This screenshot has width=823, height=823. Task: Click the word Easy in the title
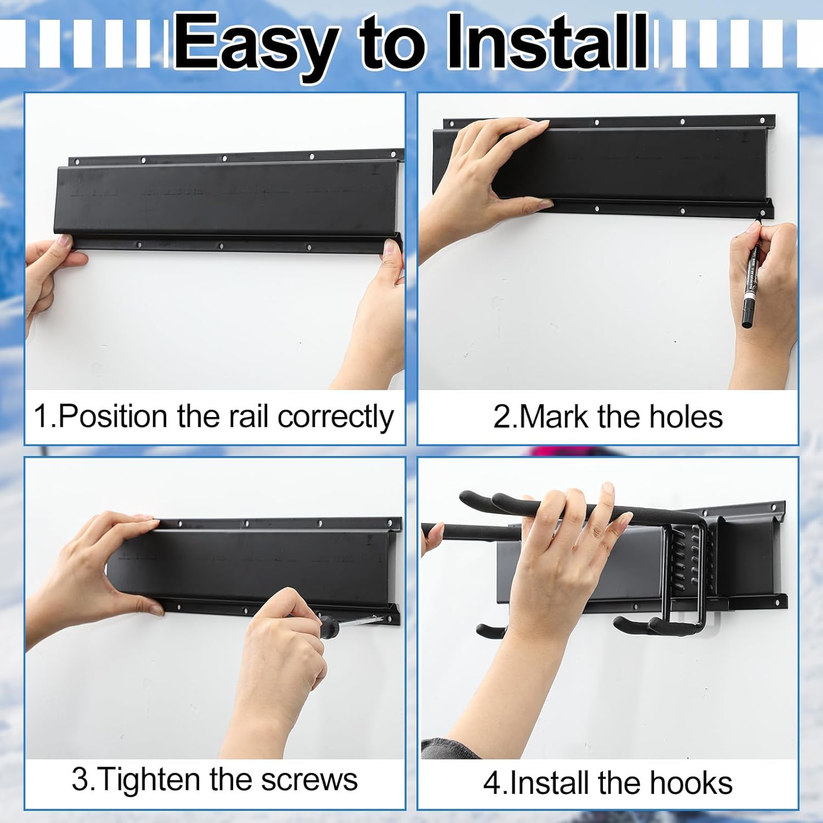tap(255, 44)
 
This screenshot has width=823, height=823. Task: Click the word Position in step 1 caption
tap(112, 416)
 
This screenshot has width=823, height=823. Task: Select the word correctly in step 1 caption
tap(335, 418)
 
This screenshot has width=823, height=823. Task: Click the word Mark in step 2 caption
tap(553, 416)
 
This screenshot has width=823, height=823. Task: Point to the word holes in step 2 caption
tap(686, 416)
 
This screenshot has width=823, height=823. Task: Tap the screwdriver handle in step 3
tap(328, 624)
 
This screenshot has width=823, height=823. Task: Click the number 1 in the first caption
tap(41, 416)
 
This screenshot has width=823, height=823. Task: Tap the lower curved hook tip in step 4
tap(623, 625)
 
